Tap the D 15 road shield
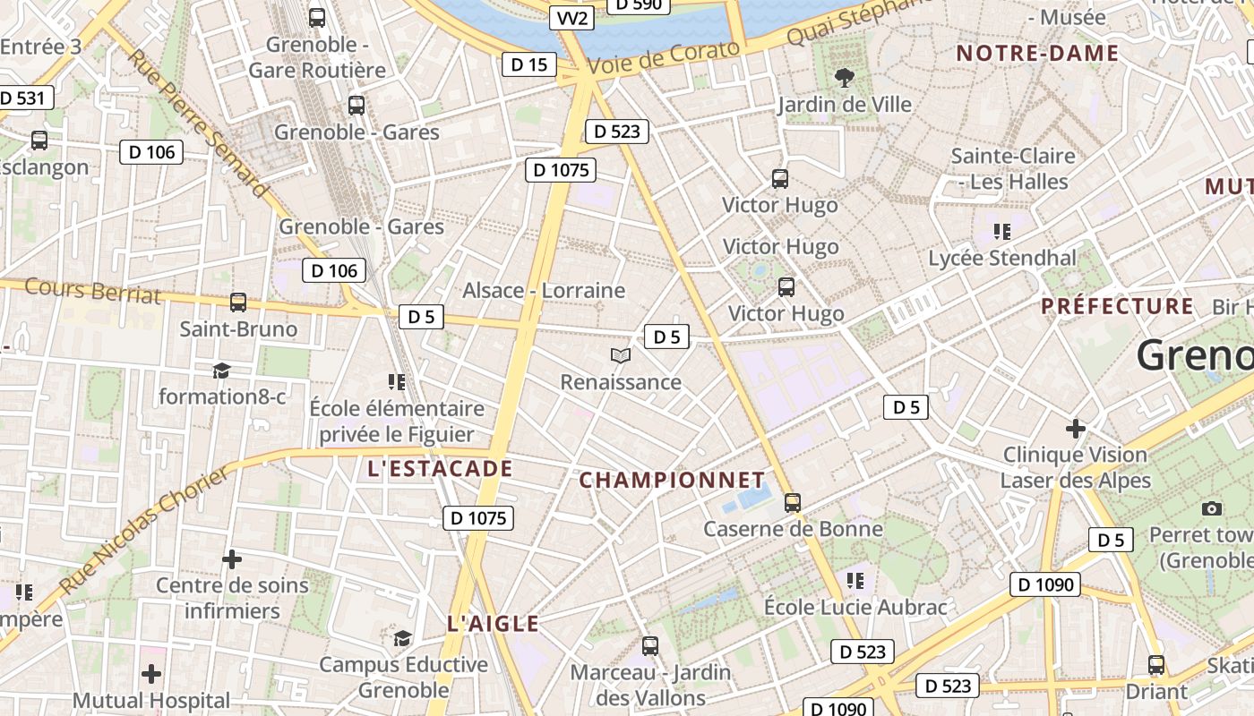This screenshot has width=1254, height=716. tap(528, 64)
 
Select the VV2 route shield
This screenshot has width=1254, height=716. tap(572, 19)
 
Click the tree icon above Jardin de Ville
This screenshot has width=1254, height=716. tap(844, 78)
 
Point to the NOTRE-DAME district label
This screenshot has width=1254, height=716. tap(1037, 53)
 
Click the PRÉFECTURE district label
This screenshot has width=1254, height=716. tap(1117, 306)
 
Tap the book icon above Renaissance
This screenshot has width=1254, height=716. tap(621, 356)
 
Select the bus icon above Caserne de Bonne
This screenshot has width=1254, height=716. tap(793, 503)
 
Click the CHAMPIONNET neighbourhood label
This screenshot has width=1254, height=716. tap(672, 480)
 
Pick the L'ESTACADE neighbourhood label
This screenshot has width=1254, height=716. tap(440, 468)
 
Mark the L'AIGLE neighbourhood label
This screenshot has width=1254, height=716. tap(494, 624)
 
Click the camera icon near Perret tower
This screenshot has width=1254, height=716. tap(1212, 508)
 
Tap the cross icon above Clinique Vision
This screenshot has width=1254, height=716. tap(1076, 429)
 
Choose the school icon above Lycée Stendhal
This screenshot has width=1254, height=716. tap(1002, 232)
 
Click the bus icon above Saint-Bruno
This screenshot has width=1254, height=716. tap(238, 303)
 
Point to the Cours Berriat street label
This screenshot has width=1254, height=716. tap(92, 290)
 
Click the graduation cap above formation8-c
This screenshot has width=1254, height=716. tap(221, 371)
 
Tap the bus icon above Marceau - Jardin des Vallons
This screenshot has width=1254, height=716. tap(650, 645)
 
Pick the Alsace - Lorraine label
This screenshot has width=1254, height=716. tap(544, 290)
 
